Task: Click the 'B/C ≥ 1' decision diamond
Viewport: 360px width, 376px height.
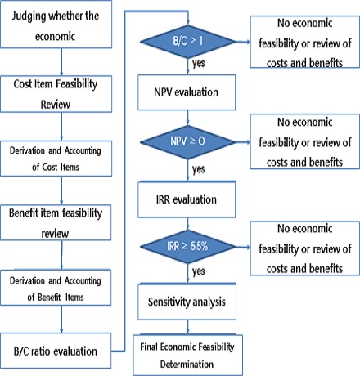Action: click(x=187, y=42)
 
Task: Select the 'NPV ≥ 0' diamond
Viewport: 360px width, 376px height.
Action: click(x=187, y=142)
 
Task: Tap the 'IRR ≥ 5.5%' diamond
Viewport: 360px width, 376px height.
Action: click(x=187, y=247)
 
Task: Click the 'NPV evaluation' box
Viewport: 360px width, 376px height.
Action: click(x=187, y=92)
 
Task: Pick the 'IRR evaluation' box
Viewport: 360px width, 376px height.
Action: click(x=187, y=199)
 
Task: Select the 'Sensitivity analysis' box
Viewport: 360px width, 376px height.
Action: click(x=187, y=302)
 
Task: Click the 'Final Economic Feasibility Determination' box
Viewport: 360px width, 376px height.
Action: click(x=188, y=356)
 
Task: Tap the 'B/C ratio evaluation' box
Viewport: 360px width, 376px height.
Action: click(x=56, y=351)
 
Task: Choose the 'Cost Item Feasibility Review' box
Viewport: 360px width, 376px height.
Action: click(x=56, y=94)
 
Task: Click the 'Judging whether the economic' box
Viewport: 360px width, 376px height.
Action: click(x=56, y=25)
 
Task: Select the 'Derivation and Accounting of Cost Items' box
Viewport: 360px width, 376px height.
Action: click(x=56, y=159)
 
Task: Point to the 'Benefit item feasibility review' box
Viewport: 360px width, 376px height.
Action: click(x=56, y=222)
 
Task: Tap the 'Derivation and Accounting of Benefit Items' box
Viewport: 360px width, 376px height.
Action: click(x=56, y=288)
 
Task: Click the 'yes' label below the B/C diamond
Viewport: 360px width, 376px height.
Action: click(x=198, y=63)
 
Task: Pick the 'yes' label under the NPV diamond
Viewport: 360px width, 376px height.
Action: click(x=198, y=169)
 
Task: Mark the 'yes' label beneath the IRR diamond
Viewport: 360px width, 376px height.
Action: click(x=198, y=271)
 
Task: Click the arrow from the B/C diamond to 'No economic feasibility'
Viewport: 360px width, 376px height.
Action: click(x=243, y=42)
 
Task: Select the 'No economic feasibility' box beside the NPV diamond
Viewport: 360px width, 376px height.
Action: click(x=305, y=141)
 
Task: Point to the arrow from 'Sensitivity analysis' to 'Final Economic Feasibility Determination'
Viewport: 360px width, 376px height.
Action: click(x=187, y=327)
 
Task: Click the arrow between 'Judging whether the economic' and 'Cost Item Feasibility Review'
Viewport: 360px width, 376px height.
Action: click(x=61, y=62)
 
